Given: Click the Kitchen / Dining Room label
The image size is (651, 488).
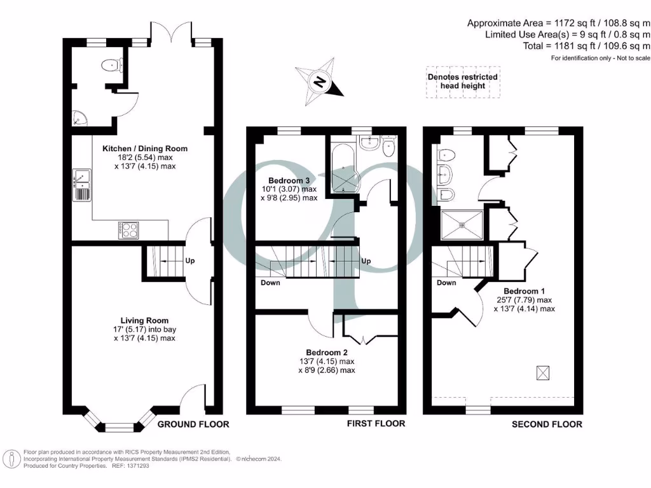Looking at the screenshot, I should tap(145, 149).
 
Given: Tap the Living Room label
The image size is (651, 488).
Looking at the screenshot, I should tap(145, 321).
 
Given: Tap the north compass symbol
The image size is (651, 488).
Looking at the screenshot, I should tap(322, 82).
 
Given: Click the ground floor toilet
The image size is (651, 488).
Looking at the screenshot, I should tap(113, 65).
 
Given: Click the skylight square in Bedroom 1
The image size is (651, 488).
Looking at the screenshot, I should tap(542, 374).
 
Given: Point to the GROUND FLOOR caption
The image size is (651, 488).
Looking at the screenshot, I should tap(193, 424).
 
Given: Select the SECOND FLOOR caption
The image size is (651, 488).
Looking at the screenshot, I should tap(547, 424).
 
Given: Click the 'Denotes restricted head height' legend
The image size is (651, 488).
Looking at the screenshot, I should tap(462, 81).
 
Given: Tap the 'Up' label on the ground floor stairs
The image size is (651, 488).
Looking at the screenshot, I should tap(190, 261).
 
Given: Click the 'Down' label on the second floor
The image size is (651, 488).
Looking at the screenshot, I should tap(447, 283).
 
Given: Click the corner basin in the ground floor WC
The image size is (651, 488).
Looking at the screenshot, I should tap(79, 117).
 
